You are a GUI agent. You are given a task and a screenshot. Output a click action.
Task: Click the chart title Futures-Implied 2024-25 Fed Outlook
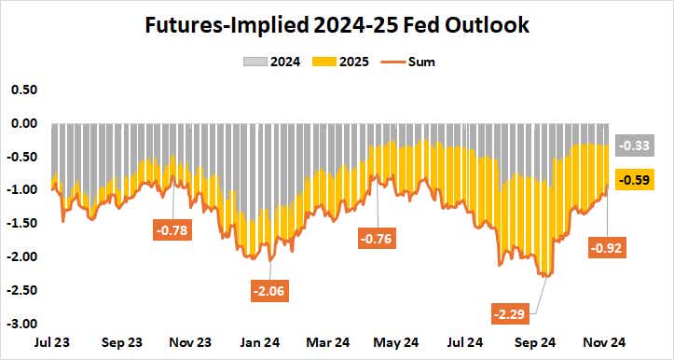[337, 25]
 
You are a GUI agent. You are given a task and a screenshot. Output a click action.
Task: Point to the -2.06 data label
[268, 290]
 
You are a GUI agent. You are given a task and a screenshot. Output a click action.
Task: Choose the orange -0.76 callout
[378, 238]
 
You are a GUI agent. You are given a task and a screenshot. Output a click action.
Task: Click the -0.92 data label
[607, 248]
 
